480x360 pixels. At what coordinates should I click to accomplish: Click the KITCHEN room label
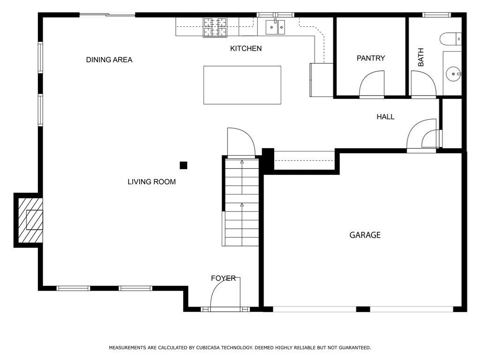coord(246,48)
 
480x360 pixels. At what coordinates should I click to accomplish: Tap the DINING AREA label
coord(109,60)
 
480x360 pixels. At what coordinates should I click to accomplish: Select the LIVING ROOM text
coord(151,181)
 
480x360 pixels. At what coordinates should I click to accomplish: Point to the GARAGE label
coord(365,235)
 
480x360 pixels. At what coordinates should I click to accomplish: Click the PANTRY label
coord(370,58)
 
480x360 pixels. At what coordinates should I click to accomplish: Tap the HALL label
coord(385,117)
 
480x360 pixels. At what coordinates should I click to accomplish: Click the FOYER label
coord(223,278)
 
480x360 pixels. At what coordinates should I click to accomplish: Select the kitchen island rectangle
coord(242,85)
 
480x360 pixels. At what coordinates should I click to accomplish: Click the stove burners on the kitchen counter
coord(215,27)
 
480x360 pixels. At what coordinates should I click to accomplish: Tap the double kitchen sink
coord(275,27)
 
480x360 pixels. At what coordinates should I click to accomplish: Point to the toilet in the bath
coord(452,38)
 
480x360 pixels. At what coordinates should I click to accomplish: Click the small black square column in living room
coord(183,165)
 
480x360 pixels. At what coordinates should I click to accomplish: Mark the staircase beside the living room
coord(241,202)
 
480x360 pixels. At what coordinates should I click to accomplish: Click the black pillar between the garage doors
coord(363,309)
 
